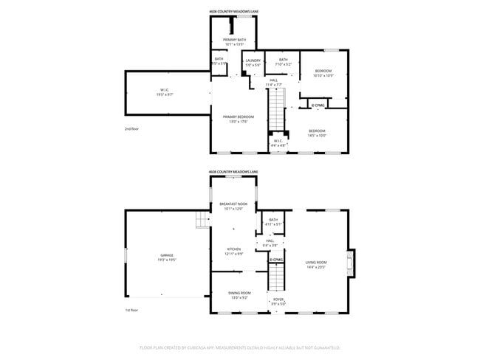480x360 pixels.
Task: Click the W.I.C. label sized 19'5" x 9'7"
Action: [164, 92]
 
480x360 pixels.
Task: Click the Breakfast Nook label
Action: [233, 205]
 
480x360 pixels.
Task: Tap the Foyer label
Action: [278, 301]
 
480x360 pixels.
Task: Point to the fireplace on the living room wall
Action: [352, 262]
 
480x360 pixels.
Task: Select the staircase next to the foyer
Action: [275, 277]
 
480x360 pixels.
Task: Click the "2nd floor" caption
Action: [131, 128]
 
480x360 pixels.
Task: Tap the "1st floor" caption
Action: [131, 311]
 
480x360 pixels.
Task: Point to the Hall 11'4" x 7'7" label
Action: [274, 82]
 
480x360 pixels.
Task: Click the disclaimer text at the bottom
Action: [239, 347]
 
